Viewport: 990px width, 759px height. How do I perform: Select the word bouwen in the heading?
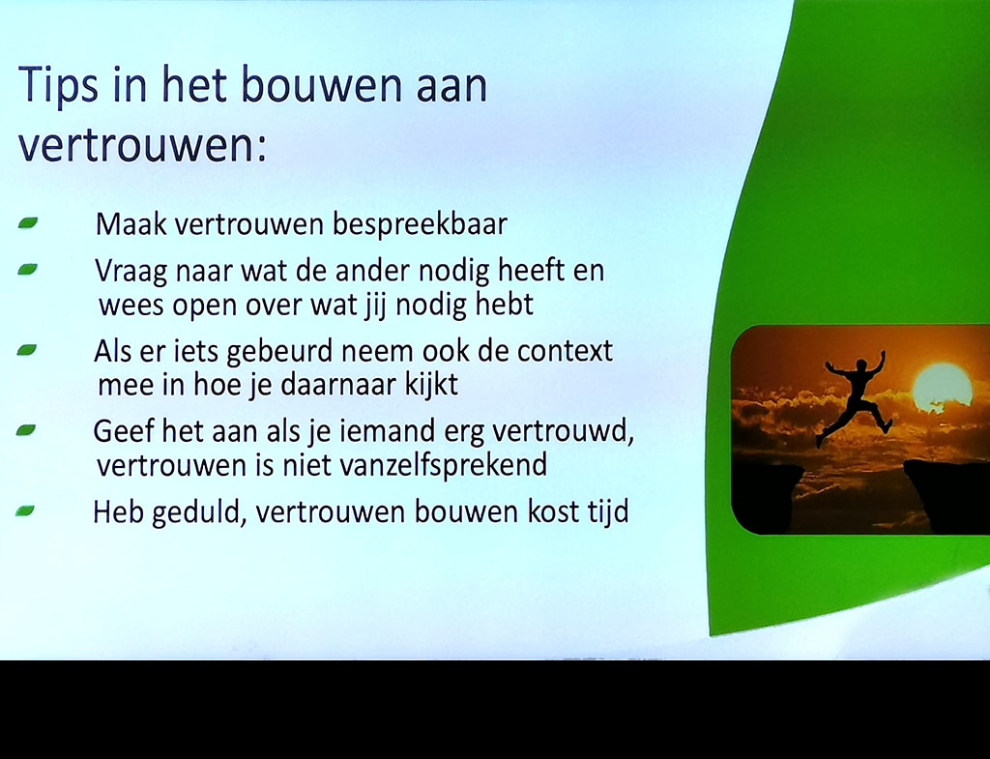pos(321,84)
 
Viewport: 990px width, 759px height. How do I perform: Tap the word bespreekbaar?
pos(420,224)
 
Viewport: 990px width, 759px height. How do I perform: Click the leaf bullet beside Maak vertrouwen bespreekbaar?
pos(28,222)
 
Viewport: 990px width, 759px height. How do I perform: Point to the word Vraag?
pos(131,272)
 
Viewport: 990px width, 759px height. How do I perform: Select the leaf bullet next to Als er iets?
pos(27,350)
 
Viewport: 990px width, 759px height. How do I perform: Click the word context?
pos(565,351)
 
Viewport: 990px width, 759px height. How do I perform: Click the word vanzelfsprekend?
pos(443,466)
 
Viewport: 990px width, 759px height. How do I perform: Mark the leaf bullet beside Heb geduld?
pos(25,511)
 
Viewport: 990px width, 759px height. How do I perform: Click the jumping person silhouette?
pos(857,396)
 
